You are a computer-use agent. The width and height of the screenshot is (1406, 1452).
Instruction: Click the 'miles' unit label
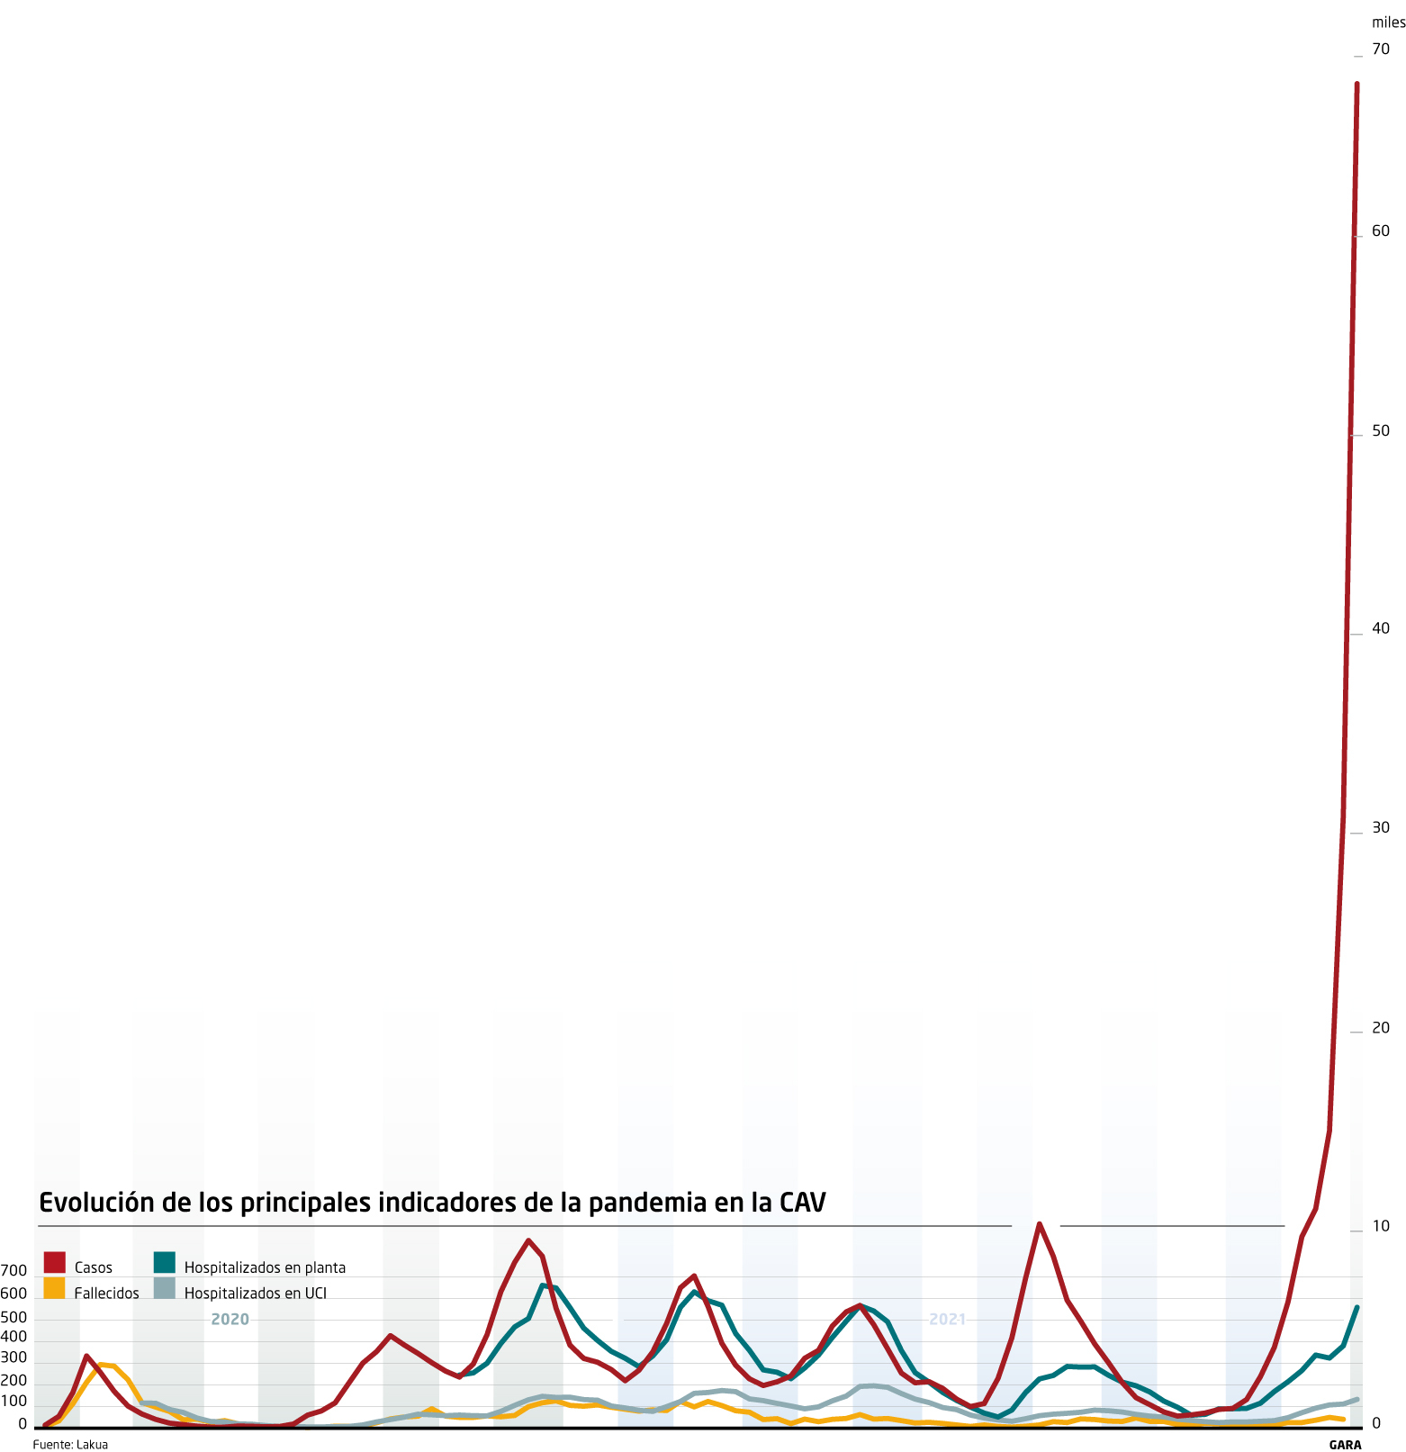[x=1388, y=23]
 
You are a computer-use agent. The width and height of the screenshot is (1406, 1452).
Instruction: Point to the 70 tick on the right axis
[x=1381, y=49]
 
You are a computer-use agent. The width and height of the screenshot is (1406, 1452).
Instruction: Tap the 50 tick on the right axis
[x=1381, y=431]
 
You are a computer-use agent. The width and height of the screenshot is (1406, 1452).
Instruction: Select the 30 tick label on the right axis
[x=1381, y=828]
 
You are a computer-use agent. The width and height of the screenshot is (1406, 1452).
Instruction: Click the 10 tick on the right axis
[x=1381, y=1226]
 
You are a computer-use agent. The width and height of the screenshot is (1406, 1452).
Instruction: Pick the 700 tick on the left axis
[x=14, y=1270]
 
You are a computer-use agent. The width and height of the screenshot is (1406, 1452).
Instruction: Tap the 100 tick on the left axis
[x=14, y=1402]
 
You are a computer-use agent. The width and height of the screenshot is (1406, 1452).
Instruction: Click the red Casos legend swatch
[x=54, y=1262]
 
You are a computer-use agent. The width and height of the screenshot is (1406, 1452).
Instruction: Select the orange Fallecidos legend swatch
[x=54, y=1288]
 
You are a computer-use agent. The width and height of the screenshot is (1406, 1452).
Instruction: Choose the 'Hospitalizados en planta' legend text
[x=265, y=1267]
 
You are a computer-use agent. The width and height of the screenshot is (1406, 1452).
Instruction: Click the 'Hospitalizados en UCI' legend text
[x=256, y=1294]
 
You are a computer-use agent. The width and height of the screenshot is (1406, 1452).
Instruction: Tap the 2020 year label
[x=230, y=1320]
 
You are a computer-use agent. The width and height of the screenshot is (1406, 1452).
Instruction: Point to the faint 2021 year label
[x=947, y=1320]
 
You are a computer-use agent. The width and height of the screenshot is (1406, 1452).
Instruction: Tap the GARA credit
[x=1345, y=1445]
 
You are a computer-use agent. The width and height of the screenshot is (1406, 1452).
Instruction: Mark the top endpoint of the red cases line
[x=1356, y=84]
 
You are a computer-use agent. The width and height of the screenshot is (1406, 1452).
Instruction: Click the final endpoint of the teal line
[x=1356, y=1307]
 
